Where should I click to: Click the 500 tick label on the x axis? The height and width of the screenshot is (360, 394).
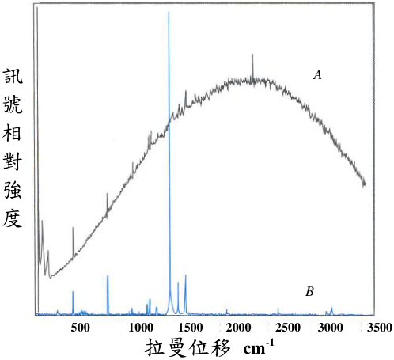80,328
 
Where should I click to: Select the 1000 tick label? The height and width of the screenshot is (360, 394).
141,328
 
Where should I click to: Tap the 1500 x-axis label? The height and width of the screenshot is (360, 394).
191,328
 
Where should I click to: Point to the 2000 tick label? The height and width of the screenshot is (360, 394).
239,328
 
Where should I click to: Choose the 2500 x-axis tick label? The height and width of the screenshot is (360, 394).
288,328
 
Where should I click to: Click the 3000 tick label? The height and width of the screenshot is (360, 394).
331,328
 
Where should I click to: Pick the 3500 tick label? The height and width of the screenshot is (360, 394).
380,328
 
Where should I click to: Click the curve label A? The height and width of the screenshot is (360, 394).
318,75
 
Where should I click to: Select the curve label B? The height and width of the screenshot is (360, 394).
309,292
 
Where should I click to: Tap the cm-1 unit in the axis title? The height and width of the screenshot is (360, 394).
259,347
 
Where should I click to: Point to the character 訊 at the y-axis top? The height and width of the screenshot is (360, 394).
13,76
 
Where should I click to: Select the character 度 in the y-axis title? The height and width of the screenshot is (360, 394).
13,218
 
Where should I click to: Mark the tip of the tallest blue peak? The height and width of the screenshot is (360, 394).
169,12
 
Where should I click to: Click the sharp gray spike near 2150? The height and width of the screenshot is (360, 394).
252,55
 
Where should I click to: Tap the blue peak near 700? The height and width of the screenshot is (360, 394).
108,276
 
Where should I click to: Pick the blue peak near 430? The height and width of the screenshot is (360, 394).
73,291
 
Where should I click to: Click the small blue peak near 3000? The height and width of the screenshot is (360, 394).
331,308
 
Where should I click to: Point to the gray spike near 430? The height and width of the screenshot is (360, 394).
73,227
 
